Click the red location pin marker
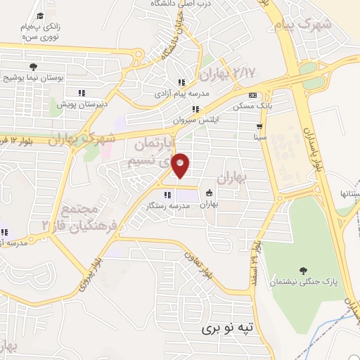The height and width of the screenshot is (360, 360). (x=181, y=165)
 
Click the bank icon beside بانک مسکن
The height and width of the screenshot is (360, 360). (x=253, y=96)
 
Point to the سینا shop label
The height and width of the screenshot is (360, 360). (x=259, y=137)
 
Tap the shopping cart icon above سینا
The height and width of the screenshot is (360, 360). (x=259, y=127)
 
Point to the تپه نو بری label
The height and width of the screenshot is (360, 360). (x=226, y=328)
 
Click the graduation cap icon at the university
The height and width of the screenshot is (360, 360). (x=40, y=15)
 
